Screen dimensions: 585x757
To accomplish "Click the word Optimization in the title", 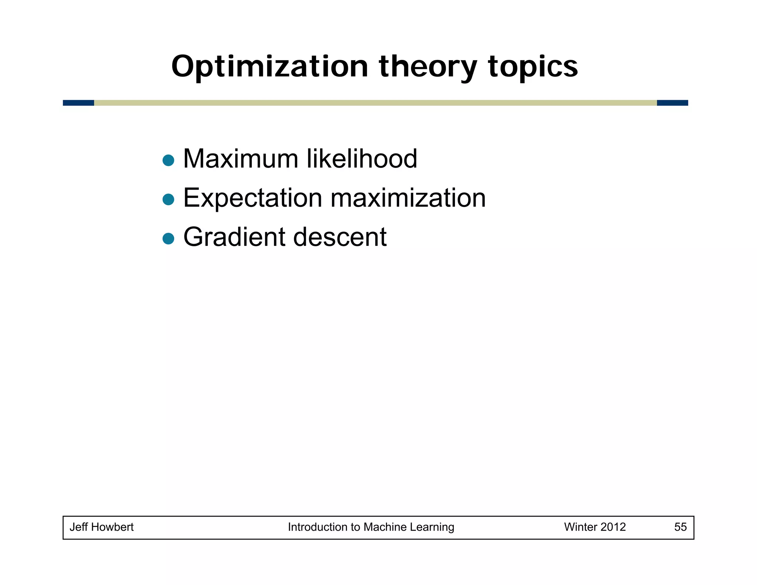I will coord(269,67).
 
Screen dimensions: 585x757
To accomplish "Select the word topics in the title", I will coord(533,67).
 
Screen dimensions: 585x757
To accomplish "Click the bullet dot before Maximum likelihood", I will coord(168,160).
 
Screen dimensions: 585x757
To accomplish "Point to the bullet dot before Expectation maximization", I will coord(168,200).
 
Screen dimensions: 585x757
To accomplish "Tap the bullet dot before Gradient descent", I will coord(168,239).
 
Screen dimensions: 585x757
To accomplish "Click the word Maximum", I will coord(241,159).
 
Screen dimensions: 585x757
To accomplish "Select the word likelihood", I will coord(362,159).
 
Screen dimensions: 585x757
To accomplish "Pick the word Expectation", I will coord(252,198).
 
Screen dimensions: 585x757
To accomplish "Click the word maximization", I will coord(408,198).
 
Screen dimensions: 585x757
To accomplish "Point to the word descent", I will coord(340,237).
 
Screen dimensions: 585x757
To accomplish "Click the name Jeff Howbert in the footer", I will coord(102,527).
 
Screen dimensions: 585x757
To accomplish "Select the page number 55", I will coord(680,527).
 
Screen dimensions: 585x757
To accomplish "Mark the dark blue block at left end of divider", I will coord(78,103).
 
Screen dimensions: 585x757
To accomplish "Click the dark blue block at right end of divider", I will coord(672,103).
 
